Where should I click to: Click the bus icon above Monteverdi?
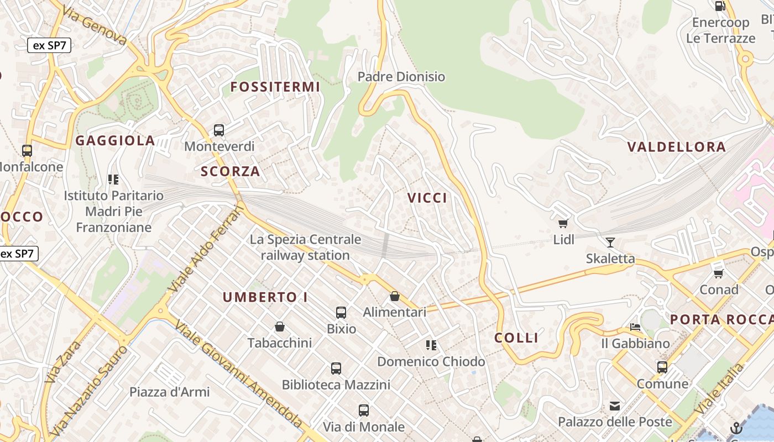click(219, 130)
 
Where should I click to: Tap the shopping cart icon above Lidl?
click(563, 223)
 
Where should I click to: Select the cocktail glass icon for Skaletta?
click(610, 242)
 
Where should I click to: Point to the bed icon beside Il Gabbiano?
click(635, 327)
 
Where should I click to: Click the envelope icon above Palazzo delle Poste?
click(614, 406)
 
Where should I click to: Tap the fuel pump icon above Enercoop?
click(720, 6)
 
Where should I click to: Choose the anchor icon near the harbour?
click(736, 428)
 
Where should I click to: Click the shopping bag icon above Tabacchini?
click(280, 327)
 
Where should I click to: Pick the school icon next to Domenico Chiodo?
click(431, 345)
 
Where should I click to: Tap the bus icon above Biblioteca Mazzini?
click(336, 369)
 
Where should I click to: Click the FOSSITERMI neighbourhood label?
click(275, 87)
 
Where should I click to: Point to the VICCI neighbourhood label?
click(427, 198)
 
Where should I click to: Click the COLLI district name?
click(516, 338)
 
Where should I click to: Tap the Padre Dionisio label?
click(401, 77)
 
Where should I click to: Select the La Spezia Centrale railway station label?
click(305, 247)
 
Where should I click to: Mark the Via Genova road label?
click(95, 25)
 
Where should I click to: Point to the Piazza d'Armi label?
click(170, 392)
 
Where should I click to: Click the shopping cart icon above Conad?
click(719, 273)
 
